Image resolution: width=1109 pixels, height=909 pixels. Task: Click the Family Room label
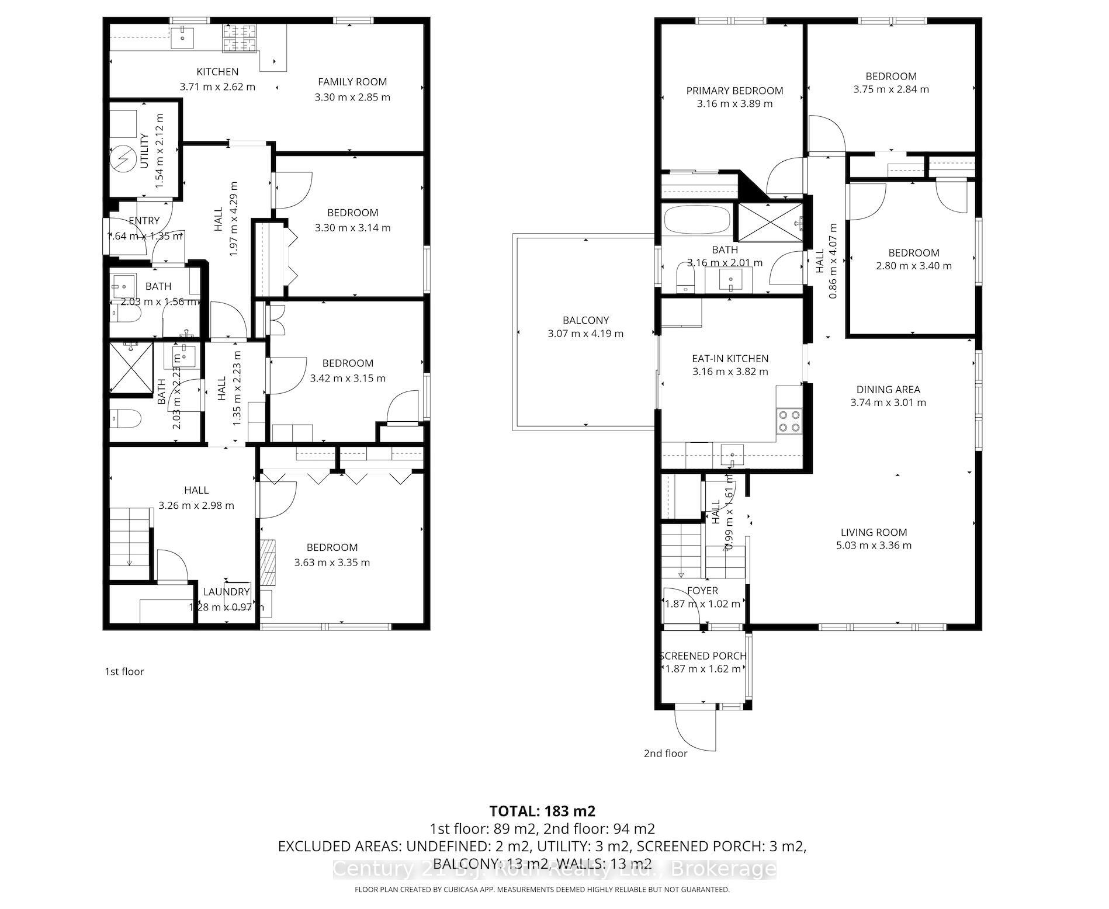point(352,82)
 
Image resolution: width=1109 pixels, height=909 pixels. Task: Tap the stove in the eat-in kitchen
point(789,421)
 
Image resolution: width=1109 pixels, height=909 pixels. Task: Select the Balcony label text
point(585,320)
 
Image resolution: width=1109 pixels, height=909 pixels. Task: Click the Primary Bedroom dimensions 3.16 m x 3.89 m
point(734,104)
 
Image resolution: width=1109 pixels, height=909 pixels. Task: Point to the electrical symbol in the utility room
point(123,158)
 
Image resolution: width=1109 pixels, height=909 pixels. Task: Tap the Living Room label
point(874,532)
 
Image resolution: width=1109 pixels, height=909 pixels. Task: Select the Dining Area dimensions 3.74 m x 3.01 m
point(888,403)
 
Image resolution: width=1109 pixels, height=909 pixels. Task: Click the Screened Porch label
point(703,656)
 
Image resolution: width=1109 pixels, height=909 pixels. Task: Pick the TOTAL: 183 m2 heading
point(542,811)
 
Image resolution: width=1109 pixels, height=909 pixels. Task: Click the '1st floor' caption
point(124,672)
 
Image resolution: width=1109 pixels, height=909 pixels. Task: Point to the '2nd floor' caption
point(666,754)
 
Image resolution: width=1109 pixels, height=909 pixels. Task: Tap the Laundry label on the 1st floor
point(226,592)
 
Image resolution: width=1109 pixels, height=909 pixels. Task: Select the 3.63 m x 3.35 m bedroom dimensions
point(332,563)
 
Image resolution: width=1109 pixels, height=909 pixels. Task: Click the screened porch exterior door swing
point(694,730)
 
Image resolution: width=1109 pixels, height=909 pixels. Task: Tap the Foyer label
point(702,591)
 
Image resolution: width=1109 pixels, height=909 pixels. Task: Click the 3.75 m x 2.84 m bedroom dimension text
point(891,89)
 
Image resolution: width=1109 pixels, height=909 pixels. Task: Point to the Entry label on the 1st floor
point(144,221)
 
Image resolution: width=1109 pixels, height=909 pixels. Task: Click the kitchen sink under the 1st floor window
point(183,37)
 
